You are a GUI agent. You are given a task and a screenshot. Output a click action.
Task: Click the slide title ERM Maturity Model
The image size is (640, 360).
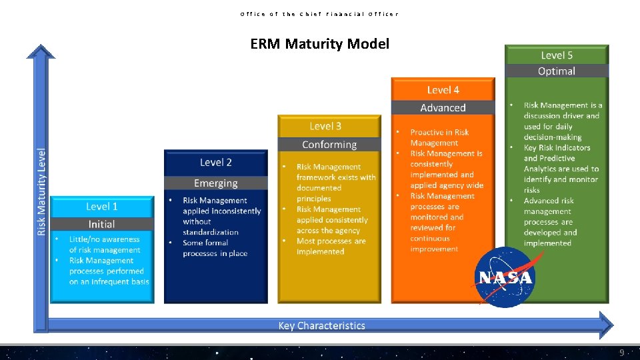319,44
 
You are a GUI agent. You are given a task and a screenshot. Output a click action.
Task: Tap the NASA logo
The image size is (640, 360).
505,277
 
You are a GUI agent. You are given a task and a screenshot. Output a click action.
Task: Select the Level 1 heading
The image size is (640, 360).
101,207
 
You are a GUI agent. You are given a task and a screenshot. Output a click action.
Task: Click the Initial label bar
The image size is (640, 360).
101,224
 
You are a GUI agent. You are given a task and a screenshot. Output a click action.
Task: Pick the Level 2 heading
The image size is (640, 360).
215,162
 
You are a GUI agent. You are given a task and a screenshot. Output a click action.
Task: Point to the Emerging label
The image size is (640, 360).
215,183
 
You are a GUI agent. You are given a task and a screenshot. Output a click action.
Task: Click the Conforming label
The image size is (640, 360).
329,145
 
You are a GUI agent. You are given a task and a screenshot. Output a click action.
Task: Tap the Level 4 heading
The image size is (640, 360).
443,89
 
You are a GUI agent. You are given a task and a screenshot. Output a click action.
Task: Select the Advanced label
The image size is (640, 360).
443,107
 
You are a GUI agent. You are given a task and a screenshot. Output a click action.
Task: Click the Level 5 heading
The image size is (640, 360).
557,55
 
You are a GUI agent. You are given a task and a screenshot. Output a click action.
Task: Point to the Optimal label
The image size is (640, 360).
557,71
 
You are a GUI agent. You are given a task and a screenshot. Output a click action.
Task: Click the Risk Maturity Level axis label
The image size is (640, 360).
41,191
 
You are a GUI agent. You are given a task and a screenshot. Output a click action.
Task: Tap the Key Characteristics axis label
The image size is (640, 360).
321,325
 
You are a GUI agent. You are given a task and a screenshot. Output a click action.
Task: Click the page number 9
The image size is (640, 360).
621,352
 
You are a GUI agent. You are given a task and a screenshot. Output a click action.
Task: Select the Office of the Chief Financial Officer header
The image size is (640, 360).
319,13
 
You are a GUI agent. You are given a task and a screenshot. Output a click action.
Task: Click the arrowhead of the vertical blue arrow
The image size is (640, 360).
41,52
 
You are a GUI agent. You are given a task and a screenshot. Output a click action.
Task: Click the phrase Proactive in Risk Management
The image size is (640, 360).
439,137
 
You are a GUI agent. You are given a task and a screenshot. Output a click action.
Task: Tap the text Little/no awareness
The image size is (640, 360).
105,239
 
